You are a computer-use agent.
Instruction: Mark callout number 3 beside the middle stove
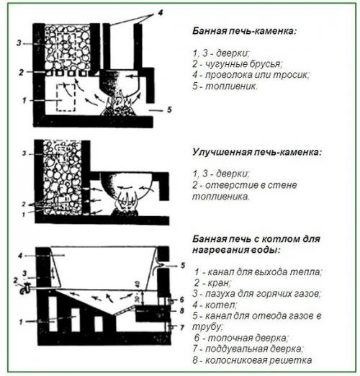(x=24, y=154)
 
